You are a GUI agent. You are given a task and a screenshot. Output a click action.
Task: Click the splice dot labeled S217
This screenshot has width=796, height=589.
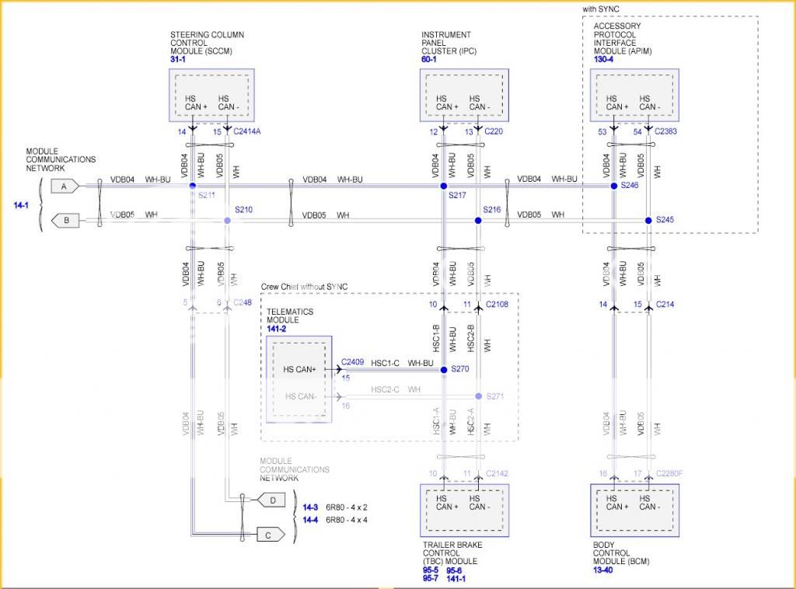tap(443, 186)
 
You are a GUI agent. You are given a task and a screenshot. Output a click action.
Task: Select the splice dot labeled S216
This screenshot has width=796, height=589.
tap(478, 221)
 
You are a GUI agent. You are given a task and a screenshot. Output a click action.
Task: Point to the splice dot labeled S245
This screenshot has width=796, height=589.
tap(648, 221)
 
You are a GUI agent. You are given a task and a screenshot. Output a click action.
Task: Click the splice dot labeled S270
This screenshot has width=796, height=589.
tap(443, 370)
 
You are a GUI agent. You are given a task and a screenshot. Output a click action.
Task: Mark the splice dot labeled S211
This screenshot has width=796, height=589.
tap(193, 186)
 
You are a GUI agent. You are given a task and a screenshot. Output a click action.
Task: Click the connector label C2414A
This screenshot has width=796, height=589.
tap(247, 132)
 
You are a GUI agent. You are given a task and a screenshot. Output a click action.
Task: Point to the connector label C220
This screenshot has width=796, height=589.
tap(495, 132)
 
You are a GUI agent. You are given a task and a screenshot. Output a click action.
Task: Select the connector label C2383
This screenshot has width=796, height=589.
tap(665, 132)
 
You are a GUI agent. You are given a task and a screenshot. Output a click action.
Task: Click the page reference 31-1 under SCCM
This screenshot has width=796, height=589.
tap(179, 59)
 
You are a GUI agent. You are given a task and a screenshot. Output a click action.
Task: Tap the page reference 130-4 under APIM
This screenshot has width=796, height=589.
tap(604, 59)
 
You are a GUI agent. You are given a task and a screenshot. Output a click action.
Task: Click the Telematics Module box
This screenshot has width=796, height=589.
tap(298, 378)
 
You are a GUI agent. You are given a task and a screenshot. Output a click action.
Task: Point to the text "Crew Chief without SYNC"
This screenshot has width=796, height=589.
tap(305, 287)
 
